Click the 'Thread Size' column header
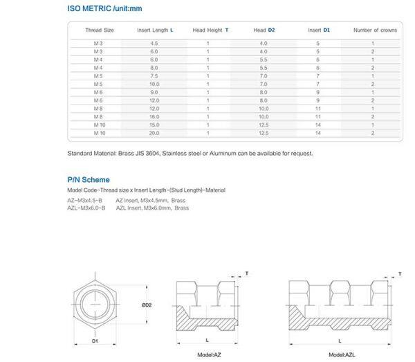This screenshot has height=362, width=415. click(99, 30)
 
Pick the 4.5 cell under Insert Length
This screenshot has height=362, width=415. click(154, 44)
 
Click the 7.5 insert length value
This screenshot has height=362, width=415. click(154, 76)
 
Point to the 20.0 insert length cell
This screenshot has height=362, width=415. click(154, 133)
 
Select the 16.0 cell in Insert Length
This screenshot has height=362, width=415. click(154, 117)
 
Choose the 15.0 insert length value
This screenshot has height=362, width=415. click(154, 125)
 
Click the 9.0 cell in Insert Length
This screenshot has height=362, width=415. click(154, 93)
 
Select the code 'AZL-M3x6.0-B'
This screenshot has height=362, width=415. click(86, 208)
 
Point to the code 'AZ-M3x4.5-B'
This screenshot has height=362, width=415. click(84, 199)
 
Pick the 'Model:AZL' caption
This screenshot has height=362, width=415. click(342, 354)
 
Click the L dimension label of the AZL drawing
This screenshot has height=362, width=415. click(340, 341)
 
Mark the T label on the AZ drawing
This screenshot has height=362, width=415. click(247, 274)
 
